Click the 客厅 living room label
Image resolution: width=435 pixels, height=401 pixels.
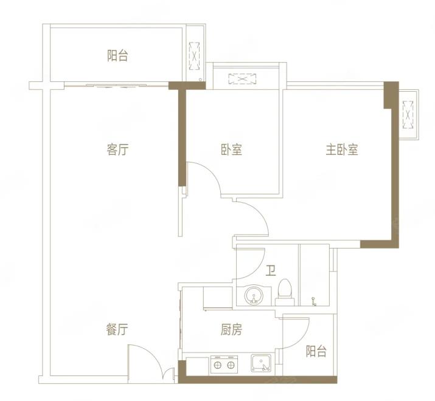click(117, 150)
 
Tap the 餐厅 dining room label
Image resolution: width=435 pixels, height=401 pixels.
click(117, 329)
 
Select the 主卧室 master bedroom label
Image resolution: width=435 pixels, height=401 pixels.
click(342, 149)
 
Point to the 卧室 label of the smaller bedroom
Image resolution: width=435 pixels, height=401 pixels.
click(231, 149)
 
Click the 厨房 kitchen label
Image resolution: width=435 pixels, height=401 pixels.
click(231, 330)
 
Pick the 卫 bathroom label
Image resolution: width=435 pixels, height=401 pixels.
click(271, 270)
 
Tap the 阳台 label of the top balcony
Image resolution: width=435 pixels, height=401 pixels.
click(117, 55)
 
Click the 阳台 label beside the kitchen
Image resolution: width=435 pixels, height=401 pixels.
click(316, 351)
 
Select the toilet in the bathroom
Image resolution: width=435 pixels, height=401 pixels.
click(285, 292)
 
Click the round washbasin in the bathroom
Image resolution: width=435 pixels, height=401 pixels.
click(253, 295)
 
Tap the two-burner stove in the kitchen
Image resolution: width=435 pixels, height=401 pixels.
click(224, 365)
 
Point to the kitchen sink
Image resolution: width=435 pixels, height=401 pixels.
click(261, 363)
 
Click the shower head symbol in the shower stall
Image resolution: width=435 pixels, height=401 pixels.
click(314, 301)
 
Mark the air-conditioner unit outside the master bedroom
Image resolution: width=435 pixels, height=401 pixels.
click(408, 115)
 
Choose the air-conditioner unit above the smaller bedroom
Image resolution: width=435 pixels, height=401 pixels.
click(242, 79)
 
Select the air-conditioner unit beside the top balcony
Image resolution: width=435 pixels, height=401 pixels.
click(194, 56)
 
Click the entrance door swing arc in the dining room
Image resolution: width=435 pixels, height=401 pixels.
click(151, 357)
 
